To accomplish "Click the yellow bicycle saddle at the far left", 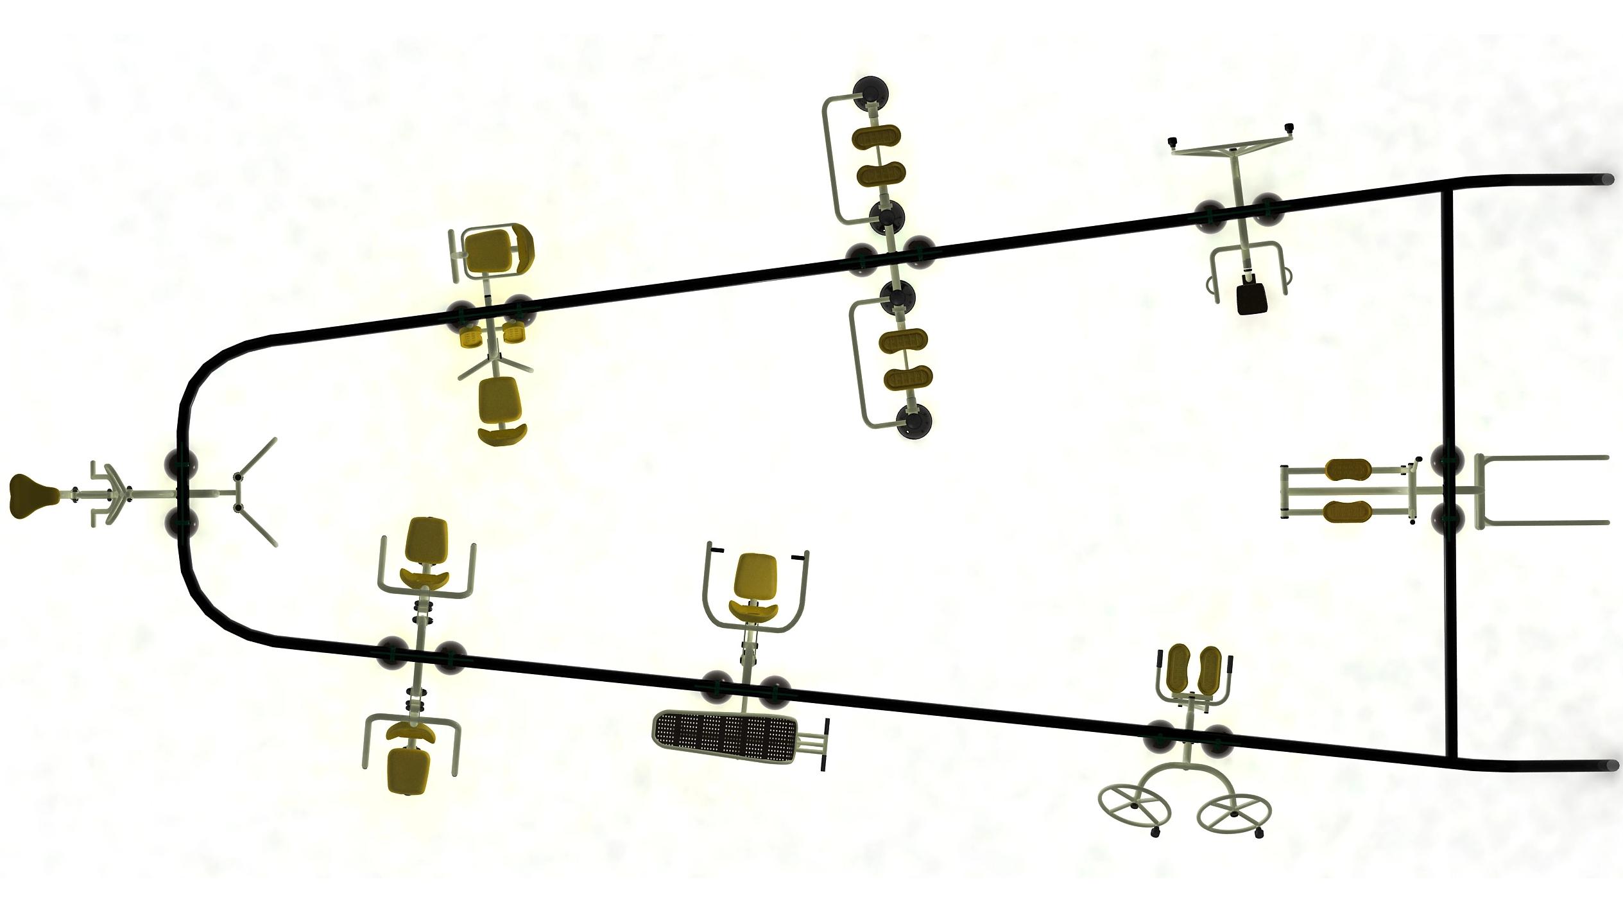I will pos(33,496).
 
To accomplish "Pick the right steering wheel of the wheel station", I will pos(1234,814).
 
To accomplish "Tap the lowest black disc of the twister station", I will pos(915,422).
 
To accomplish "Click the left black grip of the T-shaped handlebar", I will pos(1172,142).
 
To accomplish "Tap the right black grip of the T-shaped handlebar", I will pos(1289,128).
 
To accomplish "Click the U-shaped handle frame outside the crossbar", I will pos(1540,491).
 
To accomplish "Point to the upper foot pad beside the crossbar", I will pos(1348,470).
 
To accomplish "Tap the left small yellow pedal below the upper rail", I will pos(470,336).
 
